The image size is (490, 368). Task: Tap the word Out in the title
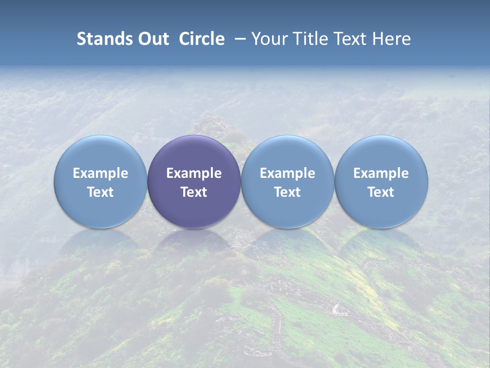153,39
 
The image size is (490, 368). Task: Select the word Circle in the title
202,39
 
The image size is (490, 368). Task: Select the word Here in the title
393,39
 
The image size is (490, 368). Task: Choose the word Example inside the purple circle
194,173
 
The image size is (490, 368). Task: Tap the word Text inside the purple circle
194,192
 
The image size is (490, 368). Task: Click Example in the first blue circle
101,173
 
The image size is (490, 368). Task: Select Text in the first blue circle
101,192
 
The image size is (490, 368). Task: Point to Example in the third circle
287,173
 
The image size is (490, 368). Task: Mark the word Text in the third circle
287,192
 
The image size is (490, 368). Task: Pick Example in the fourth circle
381,173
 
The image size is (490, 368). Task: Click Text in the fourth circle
381,192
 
